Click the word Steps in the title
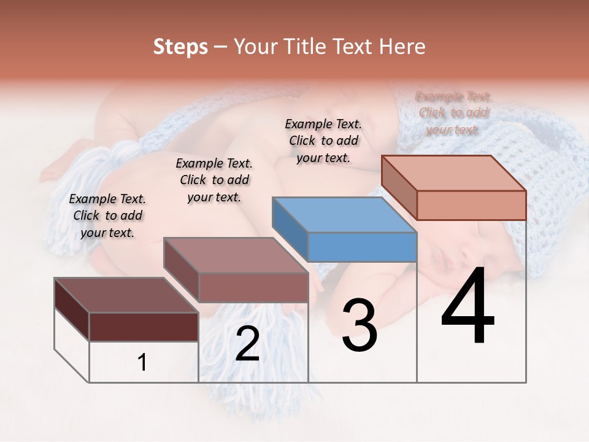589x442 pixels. click(180, 47)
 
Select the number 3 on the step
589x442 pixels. click(359, 325)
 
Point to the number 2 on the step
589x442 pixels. click(247, 344)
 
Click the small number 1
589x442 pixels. click(142, 363)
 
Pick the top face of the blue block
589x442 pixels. click(344, 215)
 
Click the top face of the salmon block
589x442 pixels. click(454, 173)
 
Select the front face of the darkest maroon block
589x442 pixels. click(144, 327)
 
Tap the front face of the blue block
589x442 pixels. click(362, 247)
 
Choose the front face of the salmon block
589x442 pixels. click(471, 205)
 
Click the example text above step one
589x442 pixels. click(107, 215)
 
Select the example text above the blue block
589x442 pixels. click(323, 141)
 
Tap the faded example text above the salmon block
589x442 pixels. click(453, 113)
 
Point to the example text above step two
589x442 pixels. click(214, 180)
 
